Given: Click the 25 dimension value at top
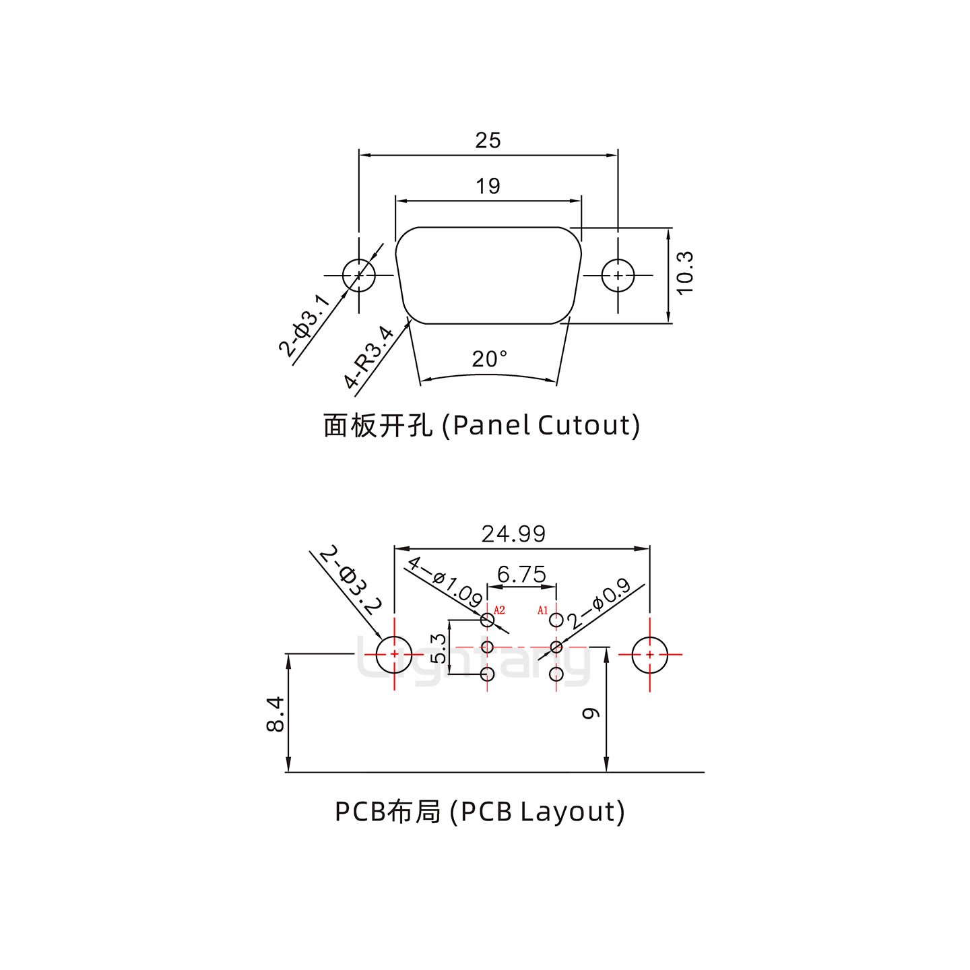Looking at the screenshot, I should [488, 140].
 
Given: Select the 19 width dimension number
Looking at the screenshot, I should [488, 186].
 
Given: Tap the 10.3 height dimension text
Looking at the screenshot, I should [684, 273].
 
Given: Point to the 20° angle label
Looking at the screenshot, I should [489, 360].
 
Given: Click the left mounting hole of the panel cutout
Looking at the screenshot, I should [358, 276].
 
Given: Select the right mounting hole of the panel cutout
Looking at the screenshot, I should [618, 276].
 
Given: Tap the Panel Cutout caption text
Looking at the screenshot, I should [481, 425].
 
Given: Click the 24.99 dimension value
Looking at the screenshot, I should [513, 533].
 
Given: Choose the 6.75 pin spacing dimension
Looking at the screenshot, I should [521, 575].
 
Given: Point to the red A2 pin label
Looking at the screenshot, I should [499, 610].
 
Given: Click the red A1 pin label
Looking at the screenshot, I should [542, 610].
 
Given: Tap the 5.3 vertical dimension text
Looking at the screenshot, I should [438, 648].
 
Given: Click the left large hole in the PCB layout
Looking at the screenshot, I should [393, 654].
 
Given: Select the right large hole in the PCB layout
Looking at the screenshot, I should [649, 654].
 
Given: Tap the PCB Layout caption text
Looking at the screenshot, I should [480, 812].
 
